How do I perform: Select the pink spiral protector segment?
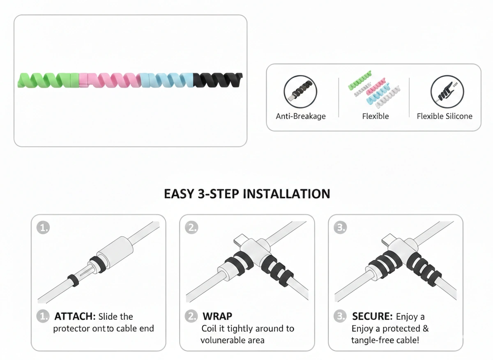(109, 80)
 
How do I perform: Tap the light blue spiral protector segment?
(166, 80)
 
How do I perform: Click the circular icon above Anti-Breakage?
(300, 92)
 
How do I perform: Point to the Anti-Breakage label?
(300, 116)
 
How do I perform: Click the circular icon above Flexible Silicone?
(447, 92)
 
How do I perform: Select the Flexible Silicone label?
(445, 116)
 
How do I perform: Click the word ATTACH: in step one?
(75, 317)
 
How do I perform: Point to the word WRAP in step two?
(217, 317)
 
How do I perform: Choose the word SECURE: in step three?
(372, 317)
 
